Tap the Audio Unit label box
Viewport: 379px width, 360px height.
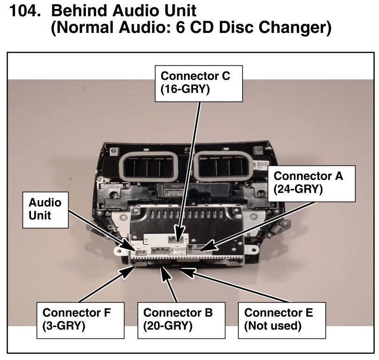point(45,209)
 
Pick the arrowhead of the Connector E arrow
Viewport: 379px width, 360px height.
point(185,270)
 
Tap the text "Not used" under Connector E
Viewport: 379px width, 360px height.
point(273,326)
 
